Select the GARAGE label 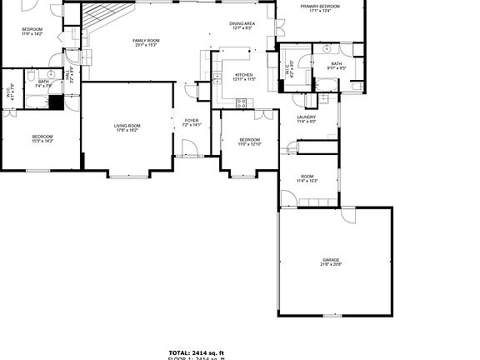(x=331, y=260)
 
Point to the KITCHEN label (x=243, y=76)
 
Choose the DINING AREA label (x=242, y=24)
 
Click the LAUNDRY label (x=307, y=117)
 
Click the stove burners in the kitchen (x=242, y=103)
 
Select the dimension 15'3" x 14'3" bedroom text (x=42, y=142)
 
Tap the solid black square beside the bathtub (x=56, y=102)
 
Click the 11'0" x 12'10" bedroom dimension (x=250, y=144)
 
